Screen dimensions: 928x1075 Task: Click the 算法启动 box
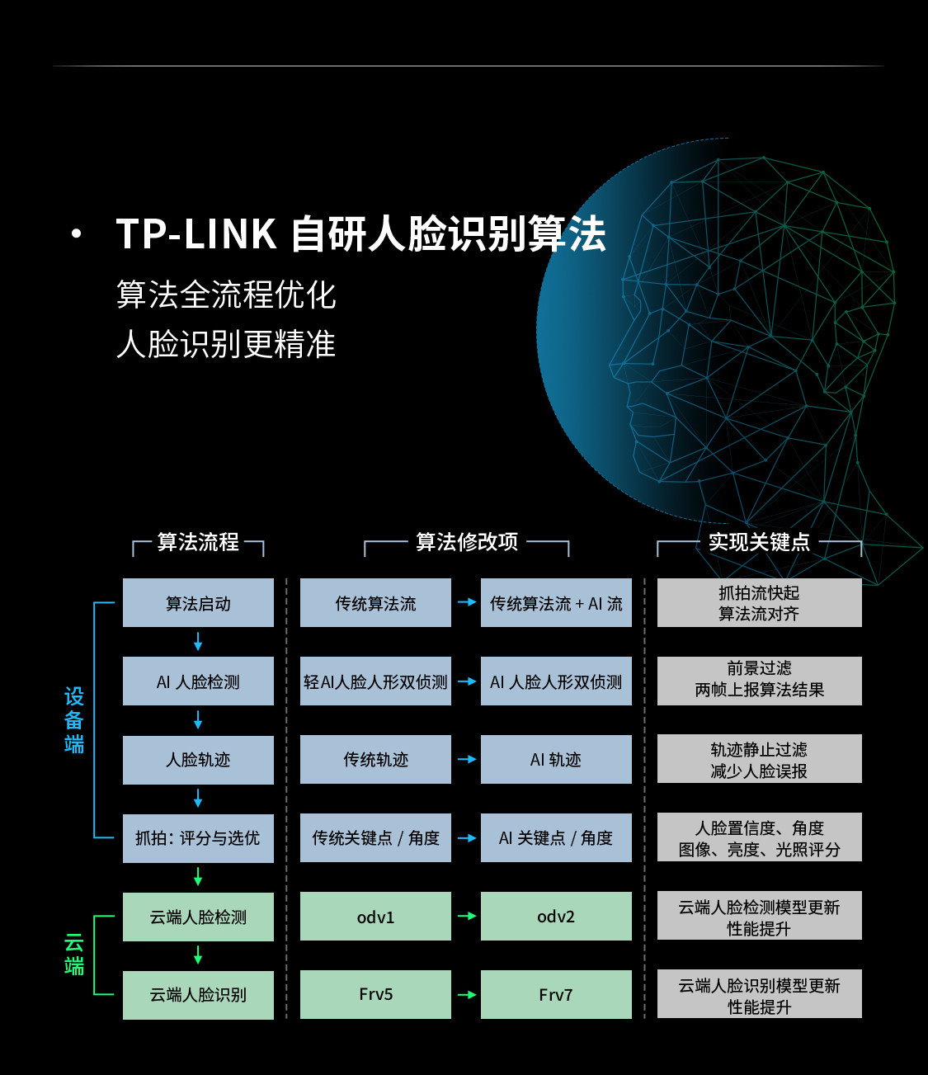point(198,603)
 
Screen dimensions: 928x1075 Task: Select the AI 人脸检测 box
point(198,681)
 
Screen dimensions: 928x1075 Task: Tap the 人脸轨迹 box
point(198,760)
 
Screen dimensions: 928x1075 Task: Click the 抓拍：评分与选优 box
point(198,838)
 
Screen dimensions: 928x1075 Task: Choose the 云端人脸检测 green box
point(198,917)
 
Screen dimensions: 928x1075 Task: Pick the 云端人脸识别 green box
point(198,995)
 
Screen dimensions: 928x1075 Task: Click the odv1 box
point(375,917)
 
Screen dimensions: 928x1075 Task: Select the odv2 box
point(556,917)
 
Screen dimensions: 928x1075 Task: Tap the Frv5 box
point(375,995)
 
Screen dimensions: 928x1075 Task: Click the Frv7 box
point(556,995)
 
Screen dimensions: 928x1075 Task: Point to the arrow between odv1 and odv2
point(467,917)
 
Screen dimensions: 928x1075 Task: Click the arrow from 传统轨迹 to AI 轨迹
point(467,759)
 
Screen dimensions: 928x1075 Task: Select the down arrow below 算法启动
point(198,642)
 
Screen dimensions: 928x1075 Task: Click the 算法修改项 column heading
point(467,542)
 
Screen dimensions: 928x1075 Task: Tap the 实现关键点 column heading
point(759,542)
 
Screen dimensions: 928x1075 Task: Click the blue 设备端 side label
point(74,720)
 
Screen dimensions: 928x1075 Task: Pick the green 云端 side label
point(74,955)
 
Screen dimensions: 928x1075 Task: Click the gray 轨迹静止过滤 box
point(759,760)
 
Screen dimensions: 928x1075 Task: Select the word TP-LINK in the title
point(196,233)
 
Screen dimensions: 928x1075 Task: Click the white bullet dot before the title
point(77,234)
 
